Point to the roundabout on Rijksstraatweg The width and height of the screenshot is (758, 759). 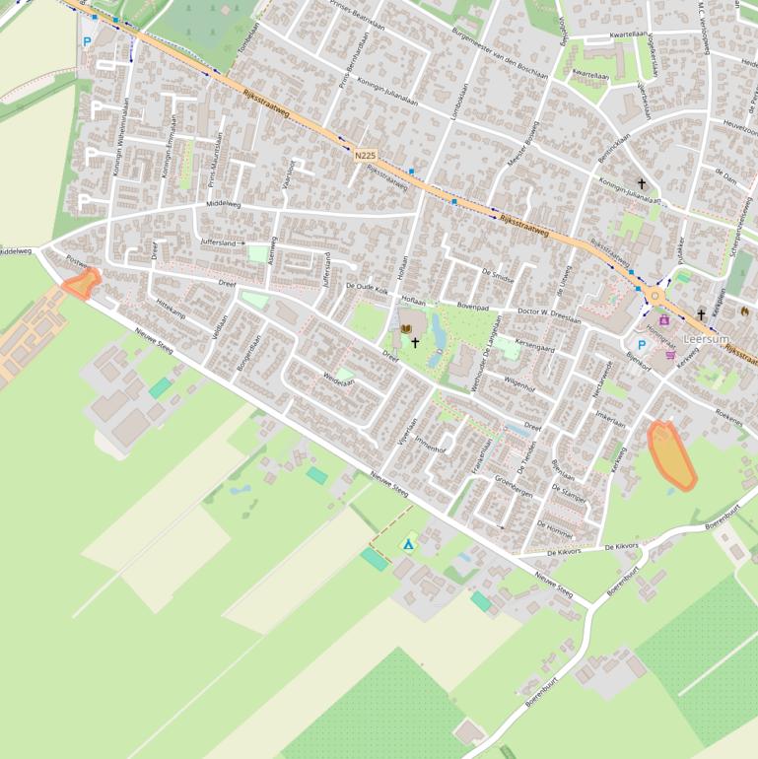point(655,295)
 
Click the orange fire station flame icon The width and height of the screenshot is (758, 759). point(744,311)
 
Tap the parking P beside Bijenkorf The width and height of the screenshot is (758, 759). point(642,344)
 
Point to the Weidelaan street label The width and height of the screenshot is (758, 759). point(338,379)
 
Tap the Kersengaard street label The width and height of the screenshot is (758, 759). point(535,348)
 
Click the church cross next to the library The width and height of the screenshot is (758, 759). point(415,343)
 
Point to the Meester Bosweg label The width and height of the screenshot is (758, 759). point(517,146)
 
